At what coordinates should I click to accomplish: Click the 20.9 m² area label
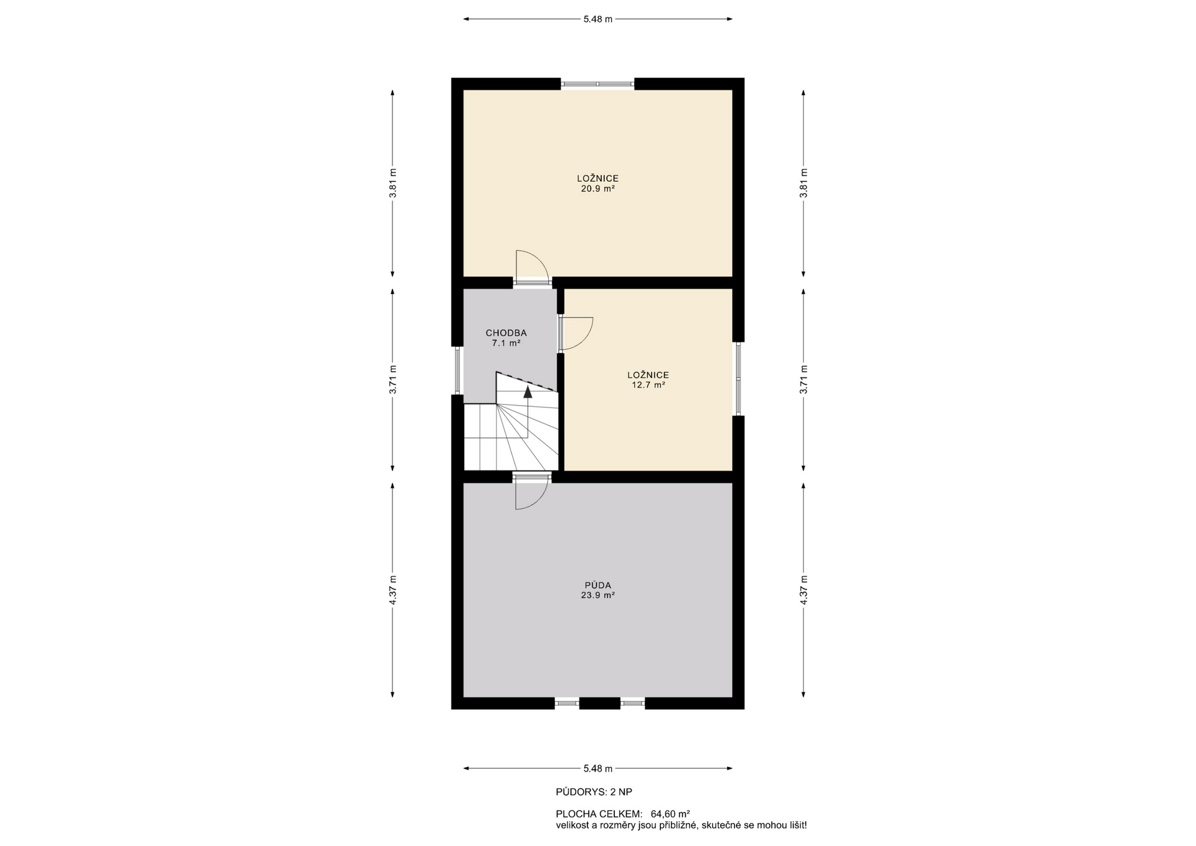[x=598, y=189]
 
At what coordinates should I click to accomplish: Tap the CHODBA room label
[x=506, y=333]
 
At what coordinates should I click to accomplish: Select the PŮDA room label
[x=598, y=585]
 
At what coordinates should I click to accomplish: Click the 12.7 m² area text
[x=648, y=385]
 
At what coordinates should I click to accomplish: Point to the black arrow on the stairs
[x=528, y=392]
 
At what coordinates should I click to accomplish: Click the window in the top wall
[x=598, y=83]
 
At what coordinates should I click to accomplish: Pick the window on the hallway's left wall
[x=457, y=370]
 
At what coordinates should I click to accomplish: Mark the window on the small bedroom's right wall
[x=738, y=378]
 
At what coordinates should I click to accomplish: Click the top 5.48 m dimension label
[x=598, y=19]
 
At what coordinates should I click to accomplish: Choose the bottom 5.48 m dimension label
[x=598, y=768]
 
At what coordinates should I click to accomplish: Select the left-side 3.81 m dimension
[x=392, y=183]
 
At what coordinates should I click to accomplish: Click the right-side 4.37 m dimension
[x=804, y=589]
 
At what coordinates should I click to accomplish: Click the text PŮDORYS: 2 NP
[x=594, y=792]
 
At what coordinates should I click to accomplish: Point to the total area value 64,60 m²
[x=670, y=814]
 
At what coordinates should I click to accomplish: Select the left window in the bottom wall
[x=567, y=703]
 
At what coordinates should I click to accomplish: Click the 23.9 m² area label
[x=598, y=595]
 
